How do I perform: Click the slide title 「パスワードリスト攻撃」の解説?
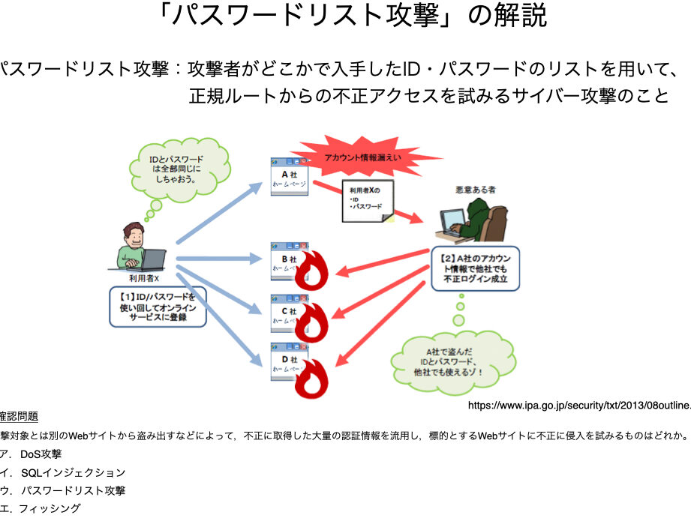[345, 16]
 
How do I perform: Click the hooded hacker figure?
[471, 215]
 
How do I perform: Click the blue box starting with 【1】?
[157, 306]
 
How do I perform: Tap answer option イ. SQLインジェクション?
[63, 472]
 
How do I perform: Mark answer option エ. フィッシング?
[41, 508]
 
